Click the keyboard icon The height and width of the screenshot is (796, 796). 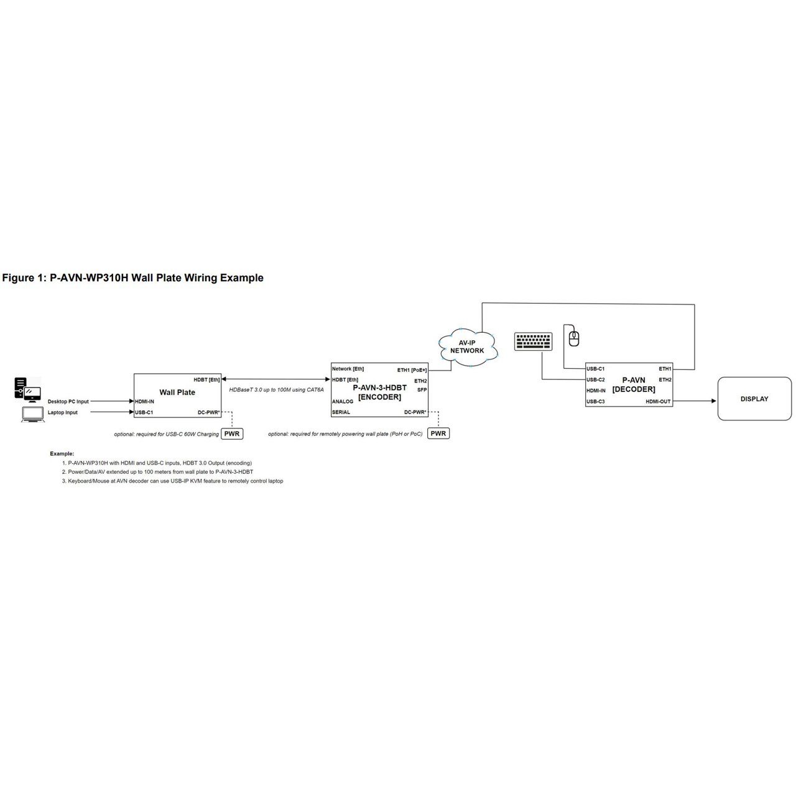tap(533, 341)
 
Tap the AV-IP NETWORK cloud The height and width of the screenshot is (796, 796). tap(467, 346)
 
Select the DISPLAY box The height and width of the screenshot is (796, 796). tap(754, 399)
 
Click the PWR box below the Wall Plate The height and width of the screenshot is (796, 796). tap(232, 433)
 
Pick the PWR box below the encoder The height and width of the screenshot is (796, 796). tap(438, 433)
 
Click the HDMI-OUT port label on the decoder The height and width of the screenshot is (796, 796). tap(658, 402)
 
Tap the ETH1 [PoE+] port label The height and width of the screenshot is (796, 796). tap(412, 369)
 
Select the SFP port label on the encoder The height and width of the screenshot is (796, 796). tap(422, 390)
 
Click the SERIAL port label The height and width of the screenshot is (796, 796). tap(341, 412)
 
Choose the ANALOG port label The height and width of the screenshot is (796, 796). tap(343, 402)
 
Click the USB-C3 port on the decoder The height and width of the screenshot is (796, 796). tap(596, 402)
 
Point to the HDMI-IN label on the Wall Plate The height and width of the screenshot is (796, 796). tap(144, 402)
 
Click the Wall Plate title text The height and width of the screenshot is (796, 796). tap(177, 392)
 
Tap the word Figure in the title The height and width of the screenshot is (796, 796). tap(19, 278)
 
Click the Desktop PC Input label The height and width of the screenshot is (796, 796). tap(68, 402)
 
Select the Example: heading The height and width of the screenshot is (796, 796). tap(62, 454)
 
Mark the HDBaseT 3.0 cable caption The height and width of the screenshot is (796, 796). tap(276, 390)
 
